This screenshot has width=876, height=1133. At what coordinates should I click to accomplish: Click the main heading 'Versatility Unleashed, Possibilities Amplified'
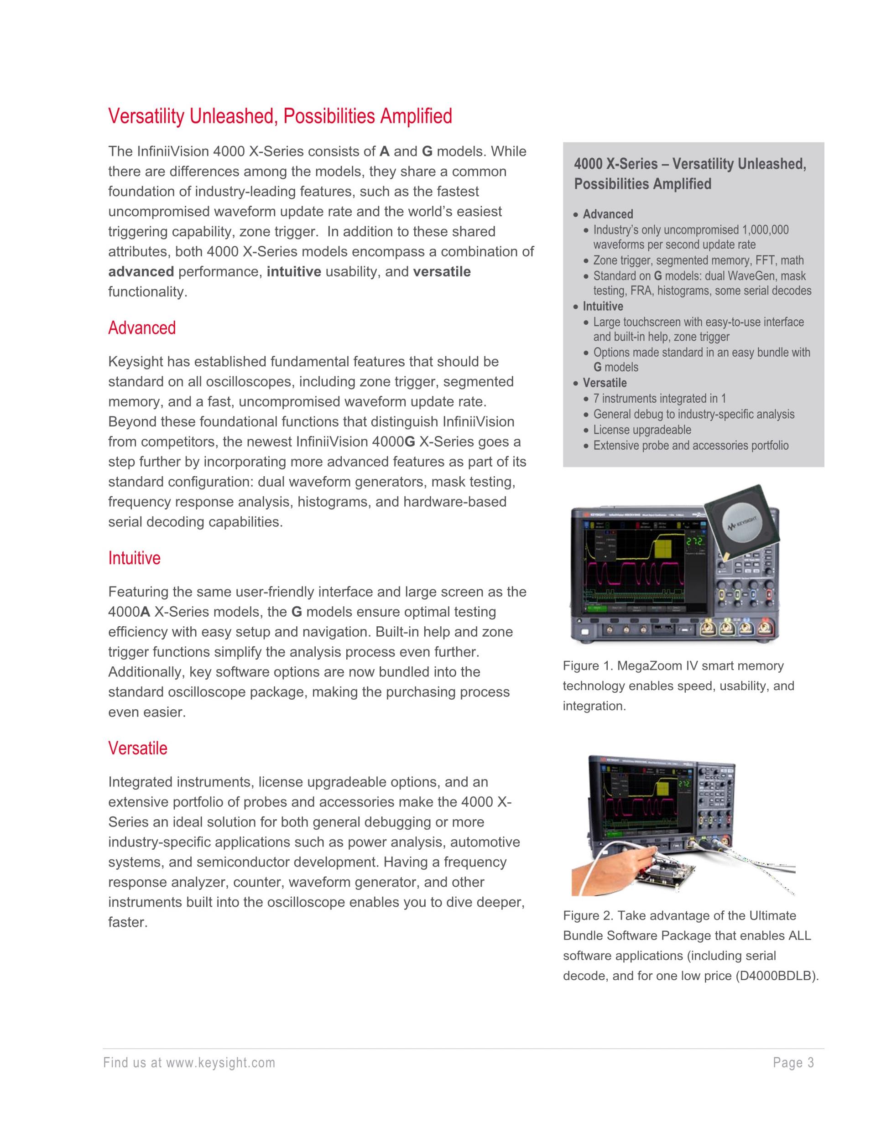click(x=280, y=116)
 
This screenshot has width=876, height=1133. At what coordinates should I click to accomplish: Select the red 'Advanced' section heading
click(x=142, y=328)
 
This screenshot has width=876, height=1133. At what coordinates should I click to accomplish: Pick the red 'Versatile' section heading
click(x=137, y=748)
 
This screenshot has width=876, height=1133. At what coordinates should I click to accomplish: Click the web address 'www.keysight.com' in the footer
click(x=220, y=1063)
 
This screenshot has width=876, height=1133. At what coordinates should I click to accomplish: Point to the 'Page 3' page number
click(x=793, y=1063)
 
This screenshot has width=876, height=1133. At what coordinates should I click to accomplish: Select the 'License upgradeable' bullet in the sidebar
click(x=642, y=430)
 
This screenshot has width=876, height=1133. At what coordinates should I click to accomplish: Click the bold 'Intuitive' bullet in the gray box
click(x=603, y=306)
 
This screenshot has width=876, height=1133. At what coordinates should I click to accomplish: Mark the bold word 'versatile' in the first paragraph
click(x=442, y=272)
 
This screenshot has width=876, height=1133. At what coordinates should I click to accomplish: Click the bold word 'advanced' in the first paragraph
click(x=141, y=272)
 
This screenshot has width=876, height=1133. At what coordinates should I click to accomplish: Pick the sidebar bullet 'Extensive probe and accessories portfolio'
click(x=691, y=445)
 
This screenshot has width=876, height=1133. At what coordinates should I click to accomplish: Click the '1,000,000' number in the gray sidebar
click(x=765, y=230)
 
